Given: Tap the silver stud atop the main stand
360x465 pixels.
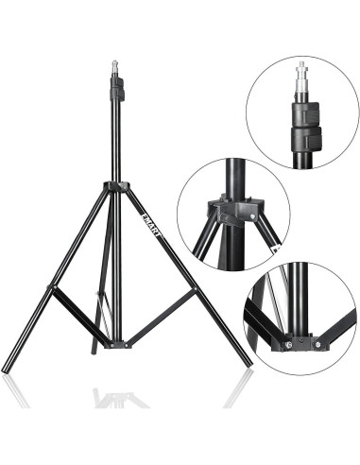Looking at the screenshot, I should click(117, 68).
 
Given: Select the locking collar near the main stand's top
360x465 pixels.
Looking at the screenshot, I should click(118, 91).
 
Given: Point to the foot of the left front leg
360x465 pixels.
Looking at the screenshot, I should click(9, 368).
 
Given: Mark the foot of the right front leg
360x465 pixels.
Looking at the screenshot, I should click(249, 363).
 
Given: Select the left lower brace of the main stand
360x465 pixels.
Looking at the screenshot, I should click(80, 315).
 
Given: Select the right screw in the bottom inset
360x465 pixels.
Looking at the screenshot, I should click(317, 343).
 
